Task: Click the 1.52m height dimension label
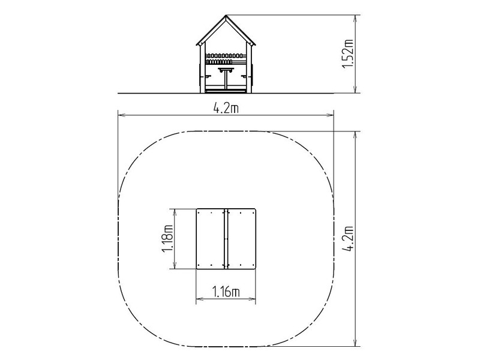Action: (x=348, y=54)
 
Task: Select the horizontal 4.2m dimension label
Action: (x=226, y=108)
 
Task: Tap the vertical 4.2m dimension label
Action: (x=348, y=239)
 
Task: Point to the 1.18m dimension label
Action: (x=167, y=239)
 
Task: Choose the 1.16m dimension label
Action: (x=226, y=292)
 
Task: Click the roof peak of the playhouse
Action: (x=226, y=16)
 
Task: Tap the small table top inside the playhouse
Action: (x=226, y=69)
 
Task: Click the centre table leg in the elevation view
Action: (x=226, y=80)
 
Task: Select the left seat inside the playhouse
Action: (x=208, y=76)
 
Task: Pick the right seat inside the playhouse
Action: (x=244, y=76)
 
